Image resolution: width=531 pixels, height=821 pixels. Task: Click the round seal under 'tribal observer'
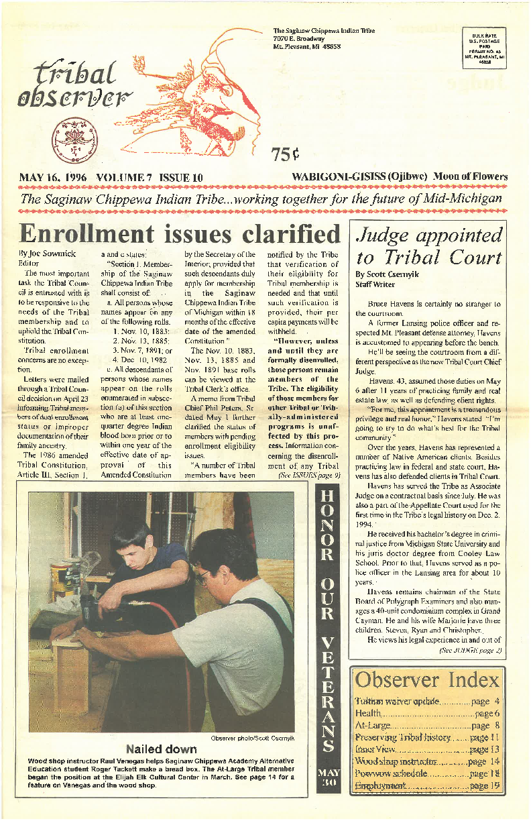click(x=70, y=136)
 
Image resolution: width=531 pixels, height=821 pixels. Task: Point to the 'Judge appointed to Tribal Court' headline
click(x=428, y=246)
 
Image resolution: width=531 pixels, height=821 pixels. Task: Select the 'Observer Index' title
click(x=427, y=679)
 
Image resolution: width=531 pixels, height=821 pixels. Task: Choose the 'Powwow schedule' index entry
click(x=389, y=773)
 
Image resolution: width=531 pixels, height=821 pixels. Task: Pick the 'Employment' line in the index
click(x=381, y=785)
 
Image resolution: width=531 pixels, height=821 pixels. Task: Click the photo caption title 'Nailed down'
click(x=162, y=749)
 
